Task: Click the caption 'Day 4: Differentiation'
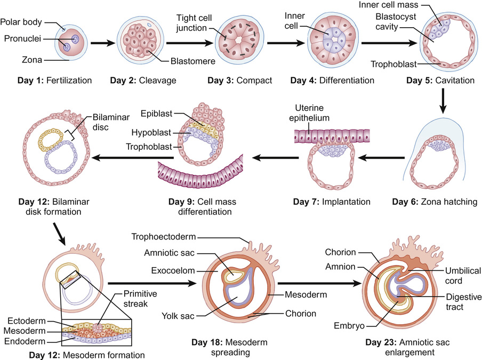tap(332, 81)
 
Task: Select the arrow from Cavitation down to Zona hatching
tap(443, 101)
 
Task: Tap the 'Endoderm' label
tap(25, 341)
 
